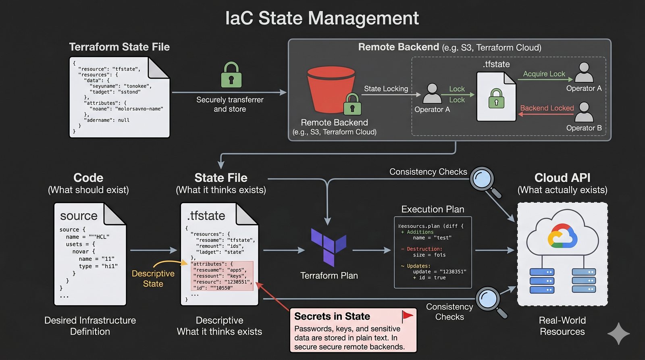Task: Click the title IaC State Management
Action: [322, 19]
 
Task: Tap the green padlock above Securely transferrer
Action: [231, 75]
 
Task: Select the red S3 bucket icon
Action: [331, 89]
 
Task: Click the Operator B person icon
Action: [584, 112]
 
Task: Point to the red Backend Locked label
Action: [547, 108]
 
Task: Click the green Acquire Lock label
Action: [544, 74]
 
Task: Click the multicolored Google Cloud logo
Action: [562, 236]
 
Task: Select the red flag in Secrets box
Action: [407, 315]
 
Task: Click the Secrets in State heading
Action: [332, 316]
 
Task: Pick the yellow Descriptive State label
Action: [153, 279]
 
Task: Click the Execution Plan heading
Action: [433, 209]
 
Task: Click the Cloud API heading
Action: [562, 178]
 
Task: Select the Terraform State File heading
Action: [119, 47]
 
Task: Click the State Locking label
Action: [386, 89]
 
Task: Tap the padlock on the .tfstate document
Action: [496, 98]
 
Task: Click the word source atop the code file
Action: [79, 216]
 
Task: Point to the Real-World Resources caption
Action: [562, 326]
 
